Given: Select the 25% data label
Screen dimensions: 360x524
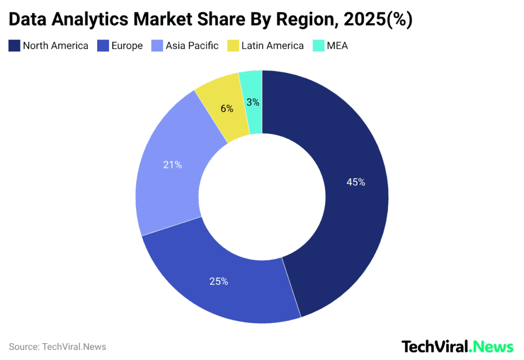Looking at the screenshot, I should coord(219,281).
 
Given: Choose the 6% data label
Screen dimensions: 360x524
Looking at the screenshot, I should coord(227,108).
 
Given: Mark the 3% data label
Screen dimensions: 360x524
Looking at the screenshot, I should coord(253,102).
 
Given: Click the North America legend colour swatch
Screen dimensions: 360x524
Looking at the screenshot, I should coord(14,46).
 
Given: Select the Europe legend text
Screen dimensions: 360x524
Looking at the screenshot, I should coord(127,46).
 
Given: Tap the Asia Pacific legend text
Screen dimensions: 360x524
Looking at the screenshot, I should coord(192,46).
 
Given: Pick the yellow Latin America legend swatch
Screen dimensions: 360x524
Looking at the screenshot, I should coord(233,46).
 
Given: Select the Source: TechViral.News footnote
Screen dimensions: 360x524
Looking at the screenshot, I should coord(57,347).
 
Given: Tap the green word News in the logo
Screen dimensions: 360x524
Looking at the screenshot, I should coord(492,347).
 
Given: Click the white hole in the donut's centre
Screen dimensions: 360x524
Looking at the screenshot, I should coord(262,197).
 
